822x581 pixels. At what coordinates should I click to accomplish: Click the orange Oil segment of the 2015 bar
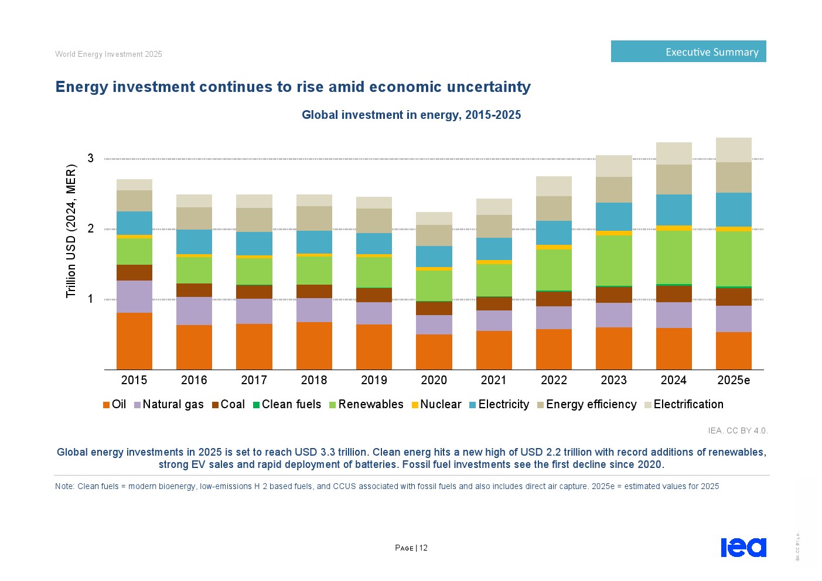(134, 341)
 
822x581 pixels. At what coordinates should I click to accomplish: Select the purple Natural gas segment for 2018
(314, 310)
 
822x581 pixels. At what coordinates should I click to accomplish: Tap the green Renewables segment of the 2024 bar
(674, 257)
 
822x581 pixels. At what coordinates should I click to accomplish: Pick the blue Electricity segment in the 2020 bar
(434, 257)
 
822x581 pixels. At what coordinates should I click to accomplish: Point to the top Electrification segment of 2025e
(734, 150)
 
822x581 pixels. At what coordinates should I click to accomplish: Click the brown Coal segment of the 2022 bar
(554, 299)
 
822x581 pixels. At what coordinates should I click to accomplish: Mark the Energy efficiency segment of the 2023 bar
(613, 190)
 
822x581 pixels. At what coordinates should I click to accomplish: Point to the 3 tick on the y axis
(91, 158)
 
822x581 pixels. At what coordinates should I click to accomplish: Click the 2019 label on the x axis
(374, 380)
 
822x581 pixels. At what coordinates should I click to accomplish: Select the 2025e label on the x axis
(734, 380)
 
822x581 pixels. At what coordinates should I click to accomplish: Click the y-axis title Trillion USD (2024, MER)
(71, 231)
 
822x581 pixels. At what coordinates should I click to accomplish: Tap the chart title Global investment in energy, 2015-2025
(411, 115)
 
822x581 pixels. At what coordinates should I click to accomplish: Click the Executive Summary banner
(688, 52)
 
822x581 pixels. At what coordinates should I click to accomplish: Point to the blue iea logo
(743, 547)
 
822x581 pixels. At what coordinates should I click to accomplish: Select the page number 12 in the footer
(423, 548)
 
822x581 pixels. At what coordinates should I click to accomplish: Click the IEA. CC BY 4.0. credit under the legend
(737, 430)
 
